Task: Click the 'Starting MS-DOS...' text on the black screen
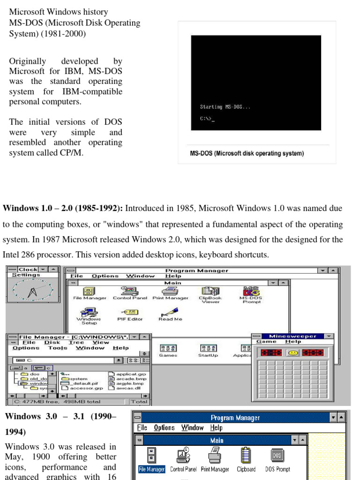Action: pyautogui.click(x=225, y=107)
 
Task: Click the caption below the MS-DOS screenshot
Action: pyautogui.click(x=247, y=153)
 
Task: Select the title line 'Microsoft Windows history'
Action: pyautogui.click(x=59, y=12)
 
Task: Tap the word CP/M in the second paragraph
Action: pyautogui.click(x=73, y=152)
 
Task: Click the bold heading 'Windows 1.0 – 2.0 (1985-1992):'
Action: pyautogui.click(x=63, y=208)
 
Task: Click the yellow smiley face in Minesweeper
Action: pyautogui.click(x=293, y=352)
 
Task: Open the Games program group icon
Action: pyautogui.click(x=168, y=349)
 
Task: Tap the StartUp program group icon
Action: pyautogui.click(x=208, y=349)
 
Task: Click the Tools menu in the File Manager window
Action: pyautogui.click(x=58, y=348)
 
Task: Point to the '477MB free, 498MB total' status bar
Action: pyautogui.click(x=58, y=401)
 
